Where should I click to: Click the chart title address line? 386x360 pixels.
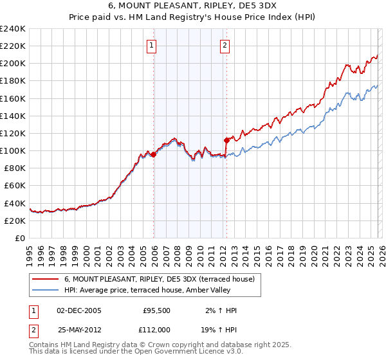(x=193, y=5)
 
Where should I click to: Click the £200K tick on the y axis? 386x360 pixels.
(x=13, y=63)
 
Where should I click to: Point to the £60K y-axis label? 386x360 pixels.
(x=15, y=185)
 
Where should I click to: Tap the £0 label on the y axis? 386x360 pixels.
(x=21, y=238)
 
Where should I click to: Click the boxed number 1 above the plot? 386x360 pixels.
(x=151, y=45)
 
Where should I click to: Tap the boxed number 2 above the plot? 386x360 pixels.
(x=225, y=45)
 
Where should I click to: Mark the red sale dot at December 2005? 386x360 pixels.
(x=154, y=154)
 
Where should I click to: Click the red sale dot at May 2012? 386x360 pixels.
(x=226, y=139)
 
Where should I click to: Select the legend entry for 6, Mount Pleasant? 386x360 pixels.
(x=160, y=279)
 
